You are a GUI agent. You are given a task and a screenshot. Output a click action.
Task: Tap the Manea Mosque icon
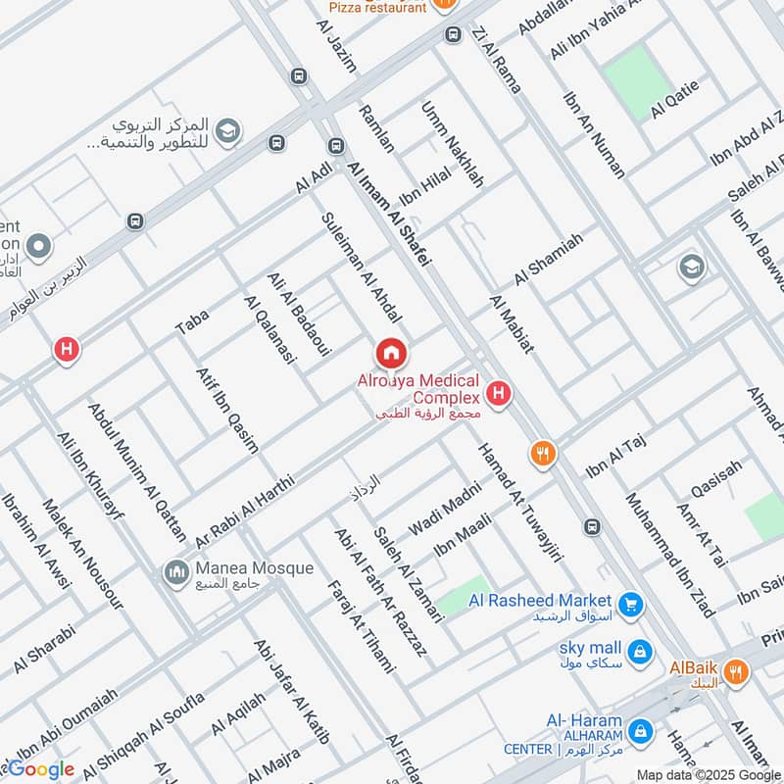[176, 569]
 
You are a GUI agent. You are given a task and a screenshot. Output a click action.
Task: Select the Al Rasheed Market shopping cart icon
[631, 601]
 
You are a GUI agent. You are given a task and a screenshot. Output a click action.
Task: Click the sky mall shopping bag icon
[639, 649]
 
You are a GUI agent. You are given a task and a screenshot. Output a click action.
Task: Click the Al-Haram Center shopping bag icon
[640, 730]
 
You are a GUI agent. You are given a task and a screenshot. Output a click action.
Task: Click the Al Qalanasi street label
[269, 329]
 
